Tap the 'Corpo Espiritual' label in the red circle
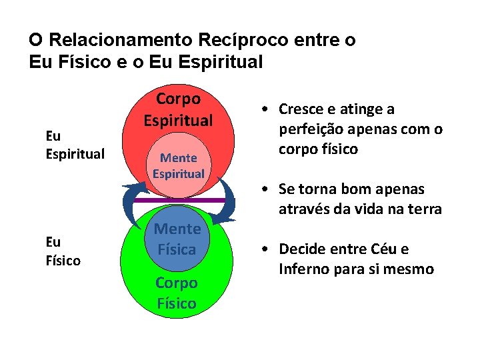tap(178, 109)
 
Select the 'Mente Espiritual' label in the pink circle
tap(178, 166)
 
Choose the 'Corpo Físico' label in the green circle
tap(177, 293)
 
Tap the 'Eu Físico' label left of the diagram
tap(63, 251)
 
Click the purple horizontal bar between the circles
tap(178, 199)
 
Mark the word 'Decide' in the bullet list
tap(302, 249)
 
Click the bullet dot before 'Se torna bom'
tap(265, 190)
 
